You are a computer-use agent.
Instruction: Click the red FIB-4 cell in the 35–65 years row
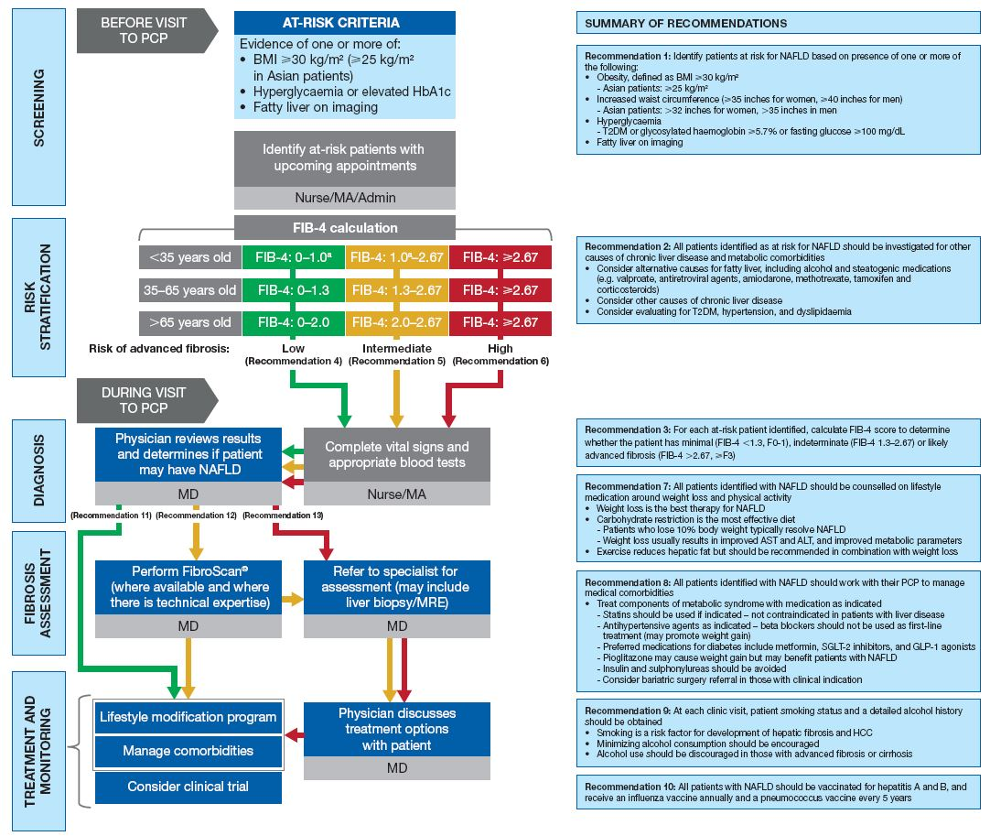pos(500,290)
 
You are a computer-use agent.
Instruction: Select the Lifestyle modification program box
pos(188,718)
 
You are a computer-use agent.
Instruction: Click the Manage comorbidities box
pos(188,751)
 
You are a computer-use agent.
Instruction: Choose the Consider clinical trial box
pos(188,787)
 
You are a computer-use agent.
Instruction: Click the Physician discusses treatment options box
pos(395,729)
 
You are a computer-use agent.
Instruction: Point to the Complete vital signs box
pos(397,455)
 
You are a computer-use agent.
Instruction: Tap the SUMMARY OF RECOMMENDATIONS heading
pos(685,23)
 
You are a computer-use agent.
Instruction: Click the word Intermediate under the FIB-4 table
pos(396,349)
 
